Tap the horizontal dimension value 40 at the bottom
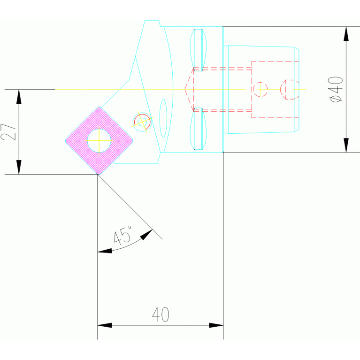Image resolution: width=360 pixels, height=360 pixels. pos(161,314)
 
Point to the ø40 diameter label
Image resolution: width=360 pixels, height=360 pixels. pos(337,89)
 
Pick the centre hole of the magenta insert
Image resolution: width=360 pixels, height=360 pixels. pos(99,139)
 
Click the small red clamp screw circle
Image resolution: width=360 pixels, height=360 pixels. pos(142,122)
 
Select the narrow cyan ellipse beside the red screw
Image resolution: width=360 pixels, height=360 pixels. pos(163,118)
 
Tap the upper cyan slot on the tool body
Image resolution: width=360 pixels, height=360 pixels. pos(198,49)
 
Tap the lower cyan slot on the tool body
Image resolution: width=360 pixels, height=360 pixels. pos(198,128)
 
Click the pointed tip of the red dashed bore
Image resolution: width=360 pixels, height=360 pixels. pos(185,89)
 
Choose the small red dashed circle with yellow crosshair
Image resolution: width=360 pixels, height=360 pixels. pos(260,89)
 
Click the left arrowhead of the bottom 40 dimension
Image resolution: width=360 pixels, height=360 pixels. pos(104,325)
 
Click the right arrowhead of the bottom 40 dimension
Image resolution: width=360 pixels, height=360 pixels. pos(216,325)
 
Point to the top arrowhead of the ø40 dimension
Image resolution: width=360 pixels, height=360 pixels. pos(346,33)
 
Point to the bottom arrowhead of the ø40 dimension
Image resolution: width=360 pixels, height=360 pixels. pos(346,146)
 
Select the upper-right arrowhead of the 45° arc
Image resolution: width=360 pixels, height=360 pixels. pos(147,233)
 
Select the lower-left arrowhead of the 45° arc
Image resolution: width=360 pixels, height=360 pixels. pos(104,252)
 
